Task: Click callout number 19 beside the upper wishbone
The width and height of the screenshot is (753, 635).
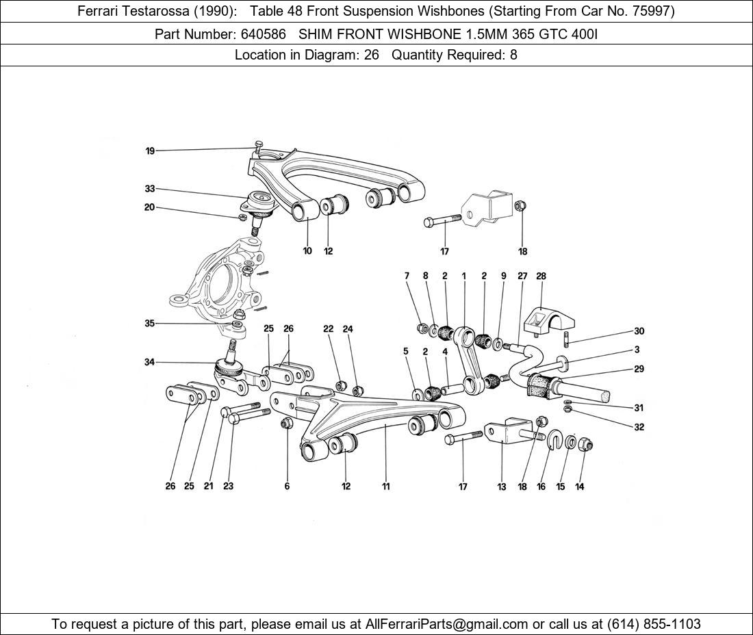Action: tap(150, 151)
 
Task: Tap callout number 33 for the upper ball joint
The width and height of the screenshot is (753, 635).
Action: tap(150, 189)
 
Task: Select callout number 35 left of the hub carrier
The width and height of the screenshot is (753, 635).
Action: tap(150, 324)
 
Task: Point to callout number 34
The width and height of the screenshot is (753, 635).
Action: tap(150, 362)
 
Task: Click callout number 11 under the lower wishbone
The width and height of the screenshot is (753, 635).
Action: tap(386, 487)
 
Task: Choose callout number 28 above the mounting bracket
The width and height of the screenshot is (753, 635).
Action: tap(541, 276)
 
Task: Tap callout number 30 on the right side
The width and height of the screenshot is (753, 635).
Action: tap(639, 331)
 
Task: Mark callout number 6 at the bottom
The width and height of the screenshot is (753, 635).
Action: tap(287, 487)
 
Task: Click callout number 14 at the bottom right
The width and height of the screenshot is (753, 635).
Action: tap(580, 487)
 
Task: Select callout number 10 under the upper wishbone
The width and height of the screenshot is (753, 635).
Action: tap(307, 251)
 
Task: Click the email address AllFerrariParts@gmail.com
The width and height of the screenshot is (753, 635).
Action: tap(446, 624)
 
